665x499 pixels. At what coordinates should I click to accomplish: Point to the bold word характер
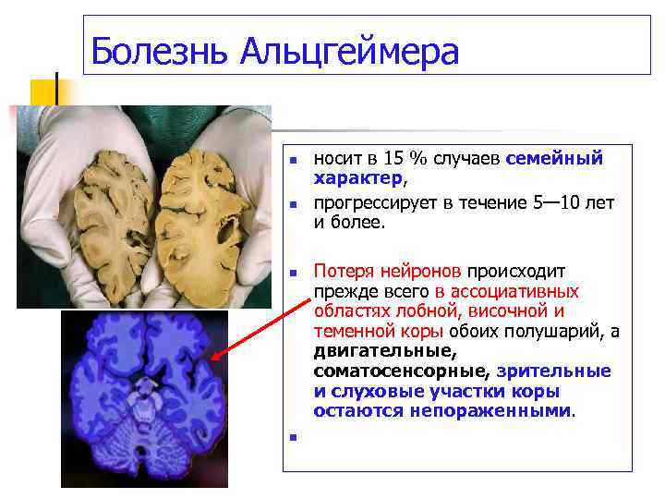coord(357,177)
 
